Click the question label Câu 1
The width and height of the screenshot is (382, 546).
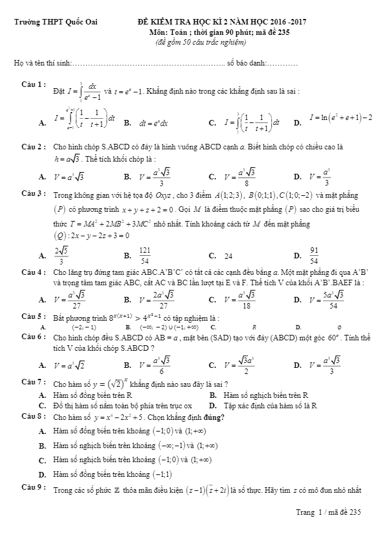click(31, 83)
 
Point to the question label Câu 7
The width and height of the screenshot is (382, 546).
click(31, 381)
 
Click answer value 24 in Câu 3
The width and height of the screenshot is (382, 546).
click(228, 256)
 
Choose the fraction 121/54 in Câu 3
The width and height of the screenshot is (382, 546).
click(145, 255)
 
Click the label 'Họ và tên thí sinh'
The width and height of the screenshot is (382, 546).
click(42, 63)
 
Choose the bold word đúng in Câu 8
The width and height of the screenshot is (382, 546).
click(214, 418)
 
